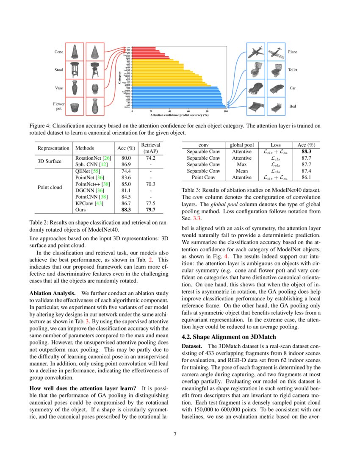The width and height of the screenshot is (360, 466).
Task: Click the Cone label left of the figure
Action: coord(59,52)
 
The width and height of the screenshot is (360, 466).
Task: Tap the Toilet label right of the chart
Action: coord(293,69)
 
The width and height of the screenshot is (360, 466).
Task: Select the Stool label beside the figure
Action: coord(59,69)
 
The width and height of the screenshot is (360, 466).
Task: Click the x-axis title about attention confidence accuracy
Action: coord(180,115)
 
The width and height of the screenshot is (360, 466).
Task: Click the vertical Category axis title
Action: coord(119,78)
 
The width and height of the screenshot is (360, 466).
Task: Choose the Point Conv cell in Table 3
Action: coord(203,178)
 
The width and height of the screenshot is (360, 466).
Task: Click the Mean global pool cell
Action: coord(242,171)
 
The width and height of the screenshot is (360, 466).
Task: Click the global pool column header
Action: coord(242,144)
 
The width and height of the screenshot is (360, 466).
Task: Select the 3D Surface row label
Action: coord(50,161)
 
